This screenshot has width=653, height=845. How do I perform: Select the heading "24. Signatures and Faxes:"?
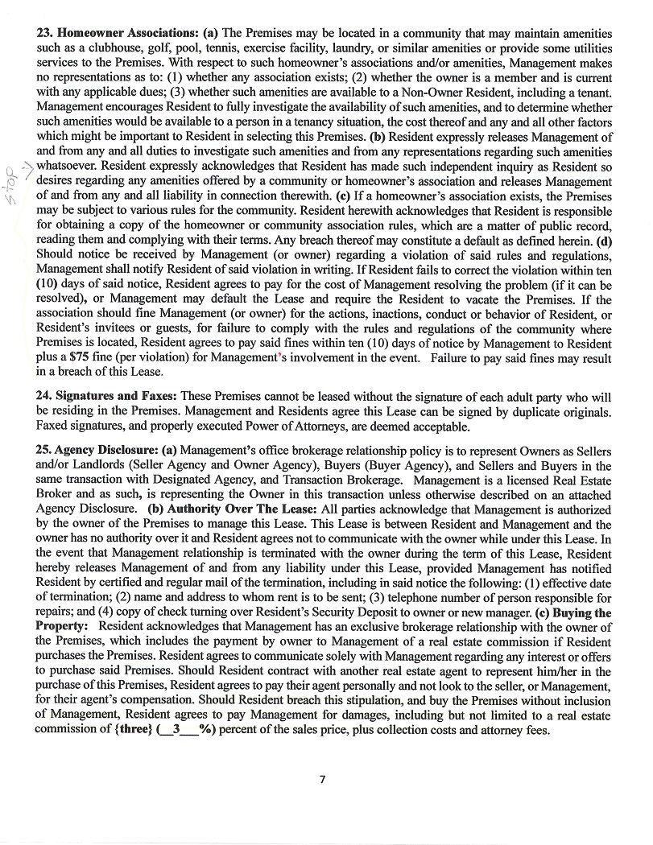106,397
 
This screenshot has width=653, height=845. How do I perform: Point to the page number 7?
322,778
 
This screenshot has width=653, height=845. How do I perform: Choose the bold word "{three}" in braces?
118,730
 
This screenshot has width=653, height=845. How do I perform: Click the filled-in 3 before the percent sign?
176,730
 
